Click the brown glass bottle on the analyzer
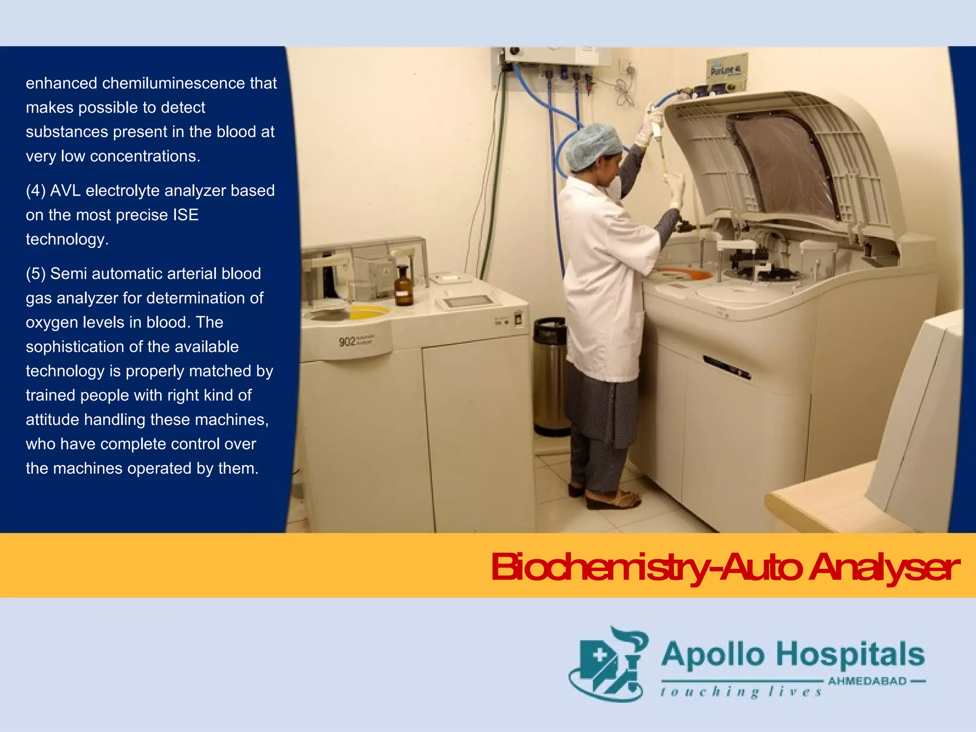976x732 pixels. coord(403,286)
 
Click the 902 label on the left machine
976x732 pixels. coord(347,342)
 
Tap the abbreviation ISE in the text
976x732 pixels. coord(185,215)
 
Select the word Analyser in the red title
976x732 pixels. coord(884,568)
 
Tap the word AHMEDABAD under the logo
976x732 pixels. coord(867,681)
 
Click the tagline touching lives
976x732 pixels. coord(741,692)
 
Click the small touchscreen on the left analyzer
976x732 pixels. coord(468,301)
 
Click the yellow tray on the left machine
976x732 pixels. coord(369,312)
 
